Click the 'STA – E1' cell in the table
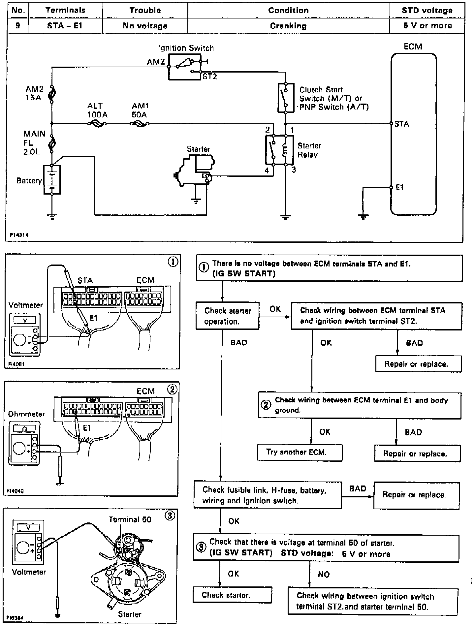click(65, 26)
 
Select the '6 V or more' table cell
click(427, 26)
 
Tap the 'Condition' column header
click(288, 10)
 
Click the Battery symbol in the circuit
click(52, 180)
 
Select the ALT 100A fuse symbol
click(97, 124)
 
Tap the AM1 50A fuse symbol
click(140, 124)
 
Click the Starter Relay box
click(279, 149)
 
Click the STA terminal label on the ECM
click(401, 124)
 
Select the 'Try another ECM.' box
click(300, 452)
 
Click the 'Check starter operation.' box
click(227, 316)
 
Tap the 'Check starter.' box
click(232, 595)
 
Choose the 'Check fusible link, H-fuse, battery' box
click(268, 495)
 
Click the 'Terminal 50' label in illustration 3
click(130, 519)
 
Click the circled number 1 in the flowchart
click(204, 268)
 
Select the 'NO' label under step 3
click(324, 575)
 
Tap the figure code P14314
click(19, 235)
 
